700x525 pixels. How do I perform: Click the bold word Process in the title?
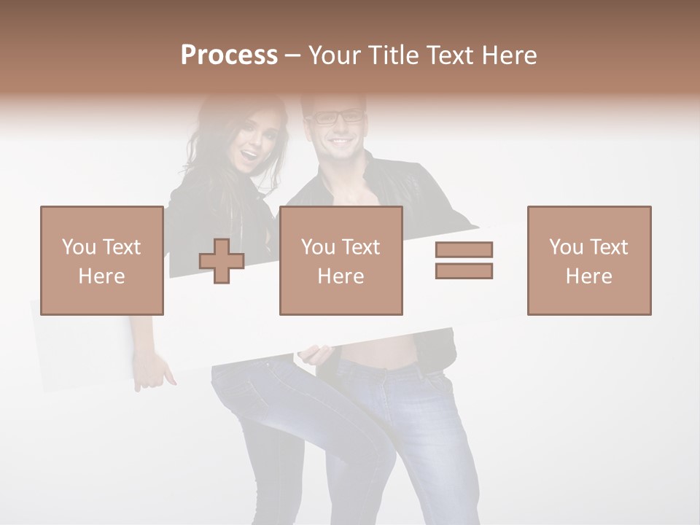[x=229, y=55]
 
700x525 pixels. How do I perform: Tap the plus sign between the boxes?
[x=222, y=260]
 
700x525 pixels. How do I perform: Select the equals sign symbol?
[x=464, y=260]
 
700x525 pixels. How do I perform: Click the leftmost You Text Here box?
[x=102, y=260]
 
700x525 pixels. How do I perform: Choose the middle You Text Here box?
[x=341, y=260]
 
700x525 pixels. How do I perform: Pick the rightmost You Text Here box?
[x=589, y=260]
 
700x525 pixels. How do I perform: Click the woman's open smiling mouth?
[x=250, y=155]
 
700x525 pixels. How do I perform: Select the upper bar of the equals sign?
[x=464, y=249]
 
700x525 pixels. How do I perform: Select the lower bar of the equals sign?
[x=464, y=271]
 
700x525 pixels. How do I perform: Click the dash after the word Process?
[x=292, y=56]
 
